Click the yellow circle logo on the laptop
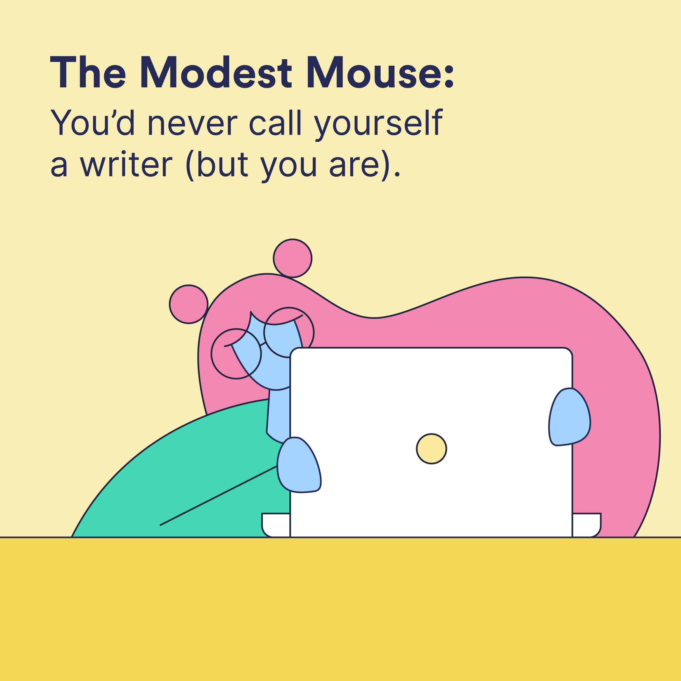point(431,449)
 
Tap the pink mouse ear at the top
point(293,258)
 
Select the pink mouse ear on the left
point(189,304)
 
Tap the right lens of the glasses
point(289,332)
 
